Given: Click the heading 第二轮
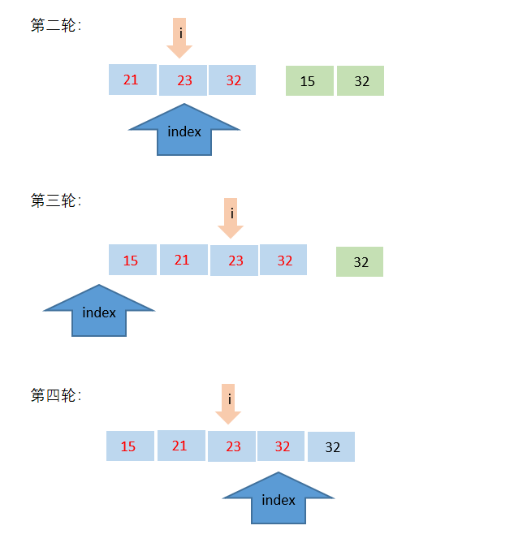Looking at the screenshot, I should coord(55,26).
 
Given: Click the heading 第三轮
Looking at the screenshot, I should coord(55,200).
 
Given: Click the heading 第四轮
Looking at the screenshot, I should coord(55,396).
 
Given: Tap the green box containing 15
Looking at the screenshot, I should coord(309,81).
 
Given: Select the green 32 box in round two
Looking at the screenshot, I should coord(361,81).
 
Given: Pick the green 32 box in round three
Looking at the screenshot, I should coord(360,262).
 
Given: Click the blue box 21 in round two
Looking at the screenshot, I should coord(132,80).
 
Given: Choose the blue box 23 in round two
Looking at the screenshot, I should coord(183,80).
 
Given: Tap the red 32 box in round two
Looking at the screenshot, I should coord(232,80).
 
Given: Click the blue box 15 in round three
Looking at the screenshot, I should coord(132,261).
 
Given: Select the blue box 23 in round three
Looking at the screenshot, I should coord(234,261).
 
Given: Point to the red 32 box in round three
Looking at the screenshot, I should coord(283,260).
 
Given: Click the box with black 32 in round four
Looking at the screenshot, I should coord(331,447).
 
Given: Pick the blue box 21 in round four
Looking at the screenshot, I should coord(180,446).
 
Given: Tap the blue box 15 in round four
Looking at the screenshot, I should coord(130,446).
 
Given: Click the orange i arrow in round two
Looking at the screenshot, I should coord(179,37).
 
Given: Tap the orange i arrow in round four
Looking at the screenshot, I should coord(228,403).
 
